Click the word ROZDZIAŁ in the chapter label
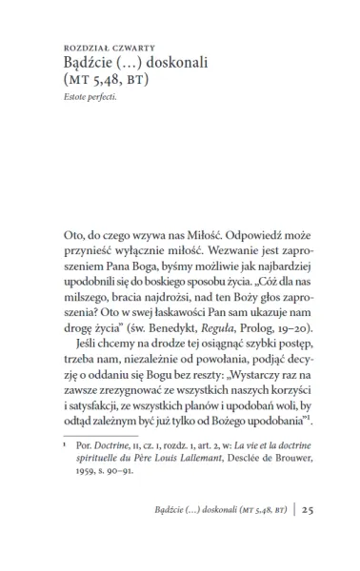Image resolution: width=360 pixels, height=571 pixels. pyautogui.click(x=86, y=45)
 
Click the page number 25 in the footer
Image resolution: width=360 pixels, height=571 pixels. pyautogui.click(x=309, y=537)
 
